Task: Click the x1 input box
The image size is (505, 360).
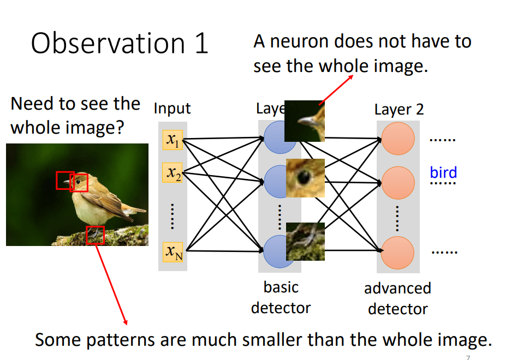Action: tap(173, 140)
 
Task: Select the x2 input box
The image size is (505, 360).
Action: tap(173, 173)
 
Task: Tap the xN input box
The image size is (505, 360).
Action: tap(173, 252)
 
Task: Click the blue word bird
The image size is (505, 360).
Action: tap(443, 172)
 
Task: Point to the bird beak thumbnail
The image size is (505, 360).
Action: tap(304, 121)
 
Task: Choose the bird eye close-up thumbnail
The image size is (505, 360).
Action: tap(305, 178)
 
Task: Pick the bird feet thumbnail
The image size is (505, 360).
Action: tap(305, 242)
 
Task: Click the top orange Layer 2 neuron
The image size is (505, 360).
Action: tap(398, 139)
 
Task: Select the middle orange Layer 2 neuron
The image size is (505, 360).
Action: tap(398, 183)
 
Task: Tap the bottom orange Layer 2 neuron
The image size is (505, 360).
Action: tap(398, 253)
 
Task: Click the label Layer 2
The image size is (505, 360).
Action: tap(399, 110)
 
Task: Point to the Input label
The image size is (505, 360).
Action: tap(173, 109)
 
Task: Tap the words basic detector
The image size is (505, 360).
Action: tap(281, 298)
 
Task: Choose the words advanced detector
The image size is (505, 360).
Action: tap(398, 299)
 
